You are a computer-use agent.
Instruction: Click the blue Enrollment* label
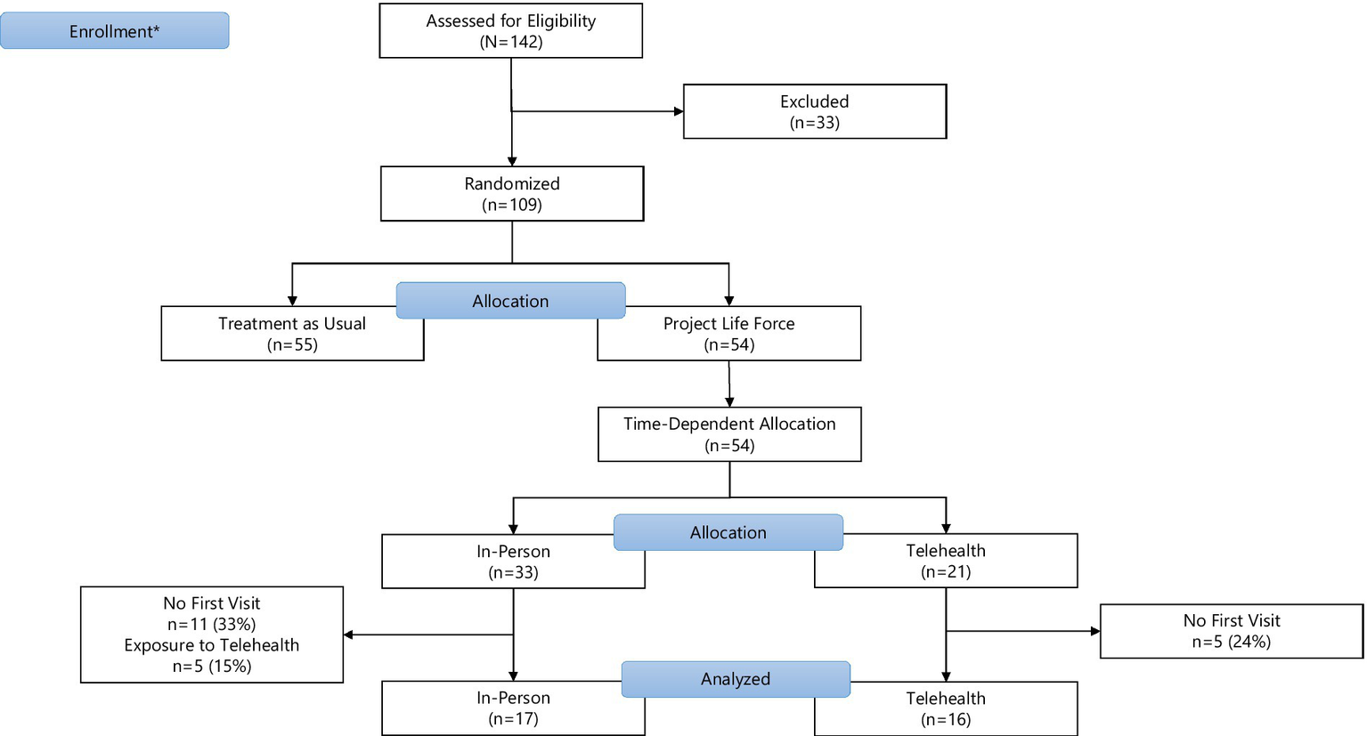click(x=114, y=31)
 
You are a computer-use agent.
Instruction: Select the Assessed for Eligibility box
click(x=510, y=31)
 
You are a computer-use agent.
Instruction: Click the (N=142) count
click(x=510, y=42)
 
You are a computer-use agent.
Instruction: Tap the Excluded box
click(x=814, y=111)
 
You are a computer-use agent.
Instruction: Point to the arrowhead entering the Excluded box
click(x=679, y=111)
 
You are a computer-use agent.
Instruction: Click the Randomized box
click(x=511, y=193)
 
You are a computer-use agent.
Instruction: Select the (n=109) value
click(x=511, y=205)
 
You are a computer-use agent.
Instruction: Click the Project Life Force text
click(x=728, y=324)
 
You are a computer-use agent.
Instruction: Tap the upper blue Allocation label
click(x=510, y=301)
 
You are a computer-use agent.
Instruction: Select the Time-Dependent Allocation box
click(x=728, y=434)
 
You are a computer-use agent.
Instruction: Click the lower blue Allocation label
click(x=728, y=532)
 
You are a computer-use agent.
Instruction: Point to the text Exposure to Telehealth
click(x=212, y=645)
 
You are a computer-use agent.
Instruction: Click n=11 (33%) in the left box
click(x=212, y=624)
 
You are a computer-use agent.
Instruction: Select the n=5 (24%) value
click(x=1231, y=642)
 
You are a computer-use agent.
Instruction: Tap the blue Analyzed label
click(x=735, y=679)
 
